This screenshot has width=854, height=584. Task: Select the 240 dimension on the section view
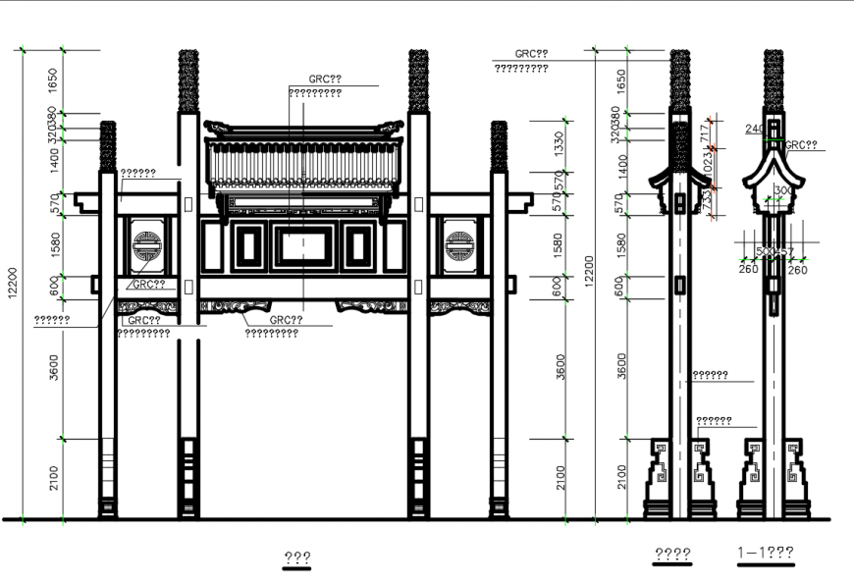754,130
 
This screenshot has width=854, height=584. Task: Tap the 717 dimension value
703,134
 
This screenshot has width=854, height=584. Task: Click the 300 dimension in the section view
782,190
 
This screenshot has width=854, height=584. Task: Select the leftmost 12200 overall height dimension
13,285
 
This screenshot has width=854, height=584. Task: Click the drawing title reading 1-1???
765,554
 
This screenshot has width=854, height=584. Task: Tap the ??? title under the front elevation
297,557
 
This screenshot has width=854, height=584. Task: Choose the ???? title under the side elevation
672,554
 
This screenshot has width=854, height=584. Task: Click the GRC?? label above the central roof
325,79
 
